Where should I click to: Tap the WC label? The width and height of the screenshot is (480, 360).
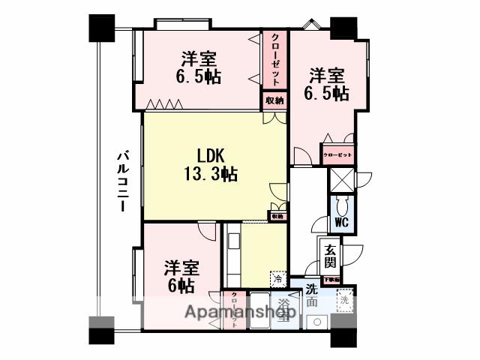pyautogui.click(x=341, y=223)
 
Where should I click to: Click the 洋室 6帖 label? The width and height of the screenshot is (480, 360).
pyautogui.click(x=181, y=276)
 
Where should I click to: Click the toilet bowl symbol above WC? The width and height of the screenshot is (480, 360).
pyautogui.click(x=341, y=204)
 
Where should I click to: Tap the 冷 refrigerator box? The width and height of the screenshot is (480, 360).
pyautogui.click(x=278, y=277)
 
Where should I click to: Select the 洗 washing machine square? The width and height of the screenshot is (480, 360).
pyautogui.click(x=344, y=301)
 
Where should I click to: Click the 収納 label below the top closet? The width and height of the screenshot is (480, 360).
pyautogui.click(x=274, y=100)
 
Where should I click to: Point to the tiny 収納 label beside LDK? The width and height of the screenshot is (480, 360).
pyautogui.click(x=277, y=216)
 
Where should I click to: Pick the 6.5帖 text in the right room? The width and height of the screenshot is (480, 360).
pyautogui.click(x=327, y=93)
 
